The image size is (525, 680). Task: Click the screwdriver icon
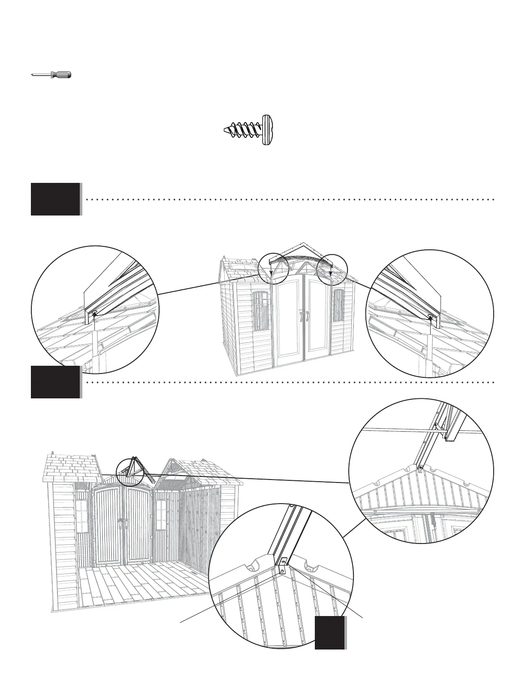click(x=51, y=75)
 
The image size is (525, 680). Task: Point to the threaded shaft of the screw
click(x=243, y=130)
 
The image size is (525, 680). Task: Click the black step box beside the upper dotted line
click(x=55, y=199)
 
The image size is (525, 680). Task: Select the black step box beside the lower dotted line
click(x=55, y=382)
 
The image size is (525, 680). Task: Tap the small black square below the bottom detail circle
click(x=330, y=633)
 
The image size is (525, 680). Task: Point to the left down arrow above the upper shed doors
click(x=271, y=272)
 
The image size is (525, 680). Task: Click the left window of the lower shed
click(x=81, y=516)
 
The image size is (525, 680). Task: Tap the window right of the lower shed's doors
click(x=161, y=515)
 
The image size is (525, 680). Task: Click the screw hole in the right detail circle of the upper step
click(x=430, y=317)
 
